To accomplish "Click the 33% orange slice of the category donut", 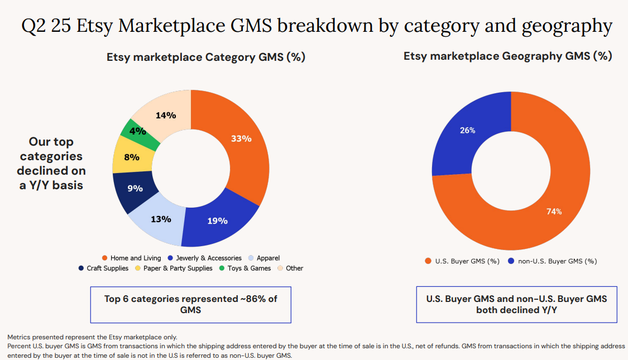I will [x=241, y=139].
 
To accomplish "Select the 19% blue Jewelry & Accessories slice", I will [x=217, y=221].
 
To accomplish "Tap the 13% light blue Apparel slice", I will [x=161, y=219].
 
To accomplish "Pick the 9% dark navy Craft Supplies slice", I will [x=135, y=189].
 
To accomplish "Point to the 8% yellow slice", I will [x=131, y=157].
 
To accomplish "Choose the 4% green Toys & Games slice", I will [x=137, y=132].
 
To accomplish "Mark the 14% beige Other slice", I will [x=166, y=116].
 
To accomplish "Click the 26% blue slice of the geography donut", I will [x=467, y=131].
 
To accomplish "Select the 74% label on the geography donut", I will [x=554, y=212].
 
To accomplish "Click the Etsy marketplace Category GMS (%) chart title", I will [x=205, y=57].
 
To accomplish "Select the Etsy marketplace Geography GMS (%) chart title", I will [x=507, y=56].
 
